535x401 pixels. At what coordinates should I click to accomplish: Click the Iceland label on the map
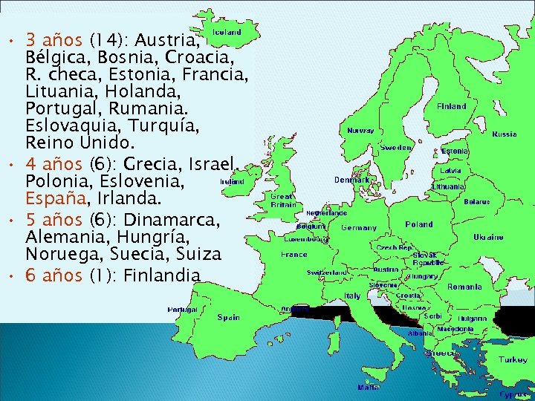point(227,32)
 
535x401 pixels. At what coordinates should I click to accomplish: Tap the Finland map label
point(451,106)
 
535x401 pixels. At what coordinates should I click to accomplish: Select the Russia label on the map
point(505,134)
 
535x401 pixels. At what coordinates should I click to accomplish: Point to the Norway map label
point(360,130)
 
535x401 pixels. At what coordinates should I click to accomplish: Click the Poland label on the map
point(419,224)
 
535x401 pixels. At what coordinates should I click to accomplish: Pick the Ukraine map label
point(488,237)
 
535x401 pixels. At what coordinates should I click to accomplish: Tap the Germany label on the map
point(358,228)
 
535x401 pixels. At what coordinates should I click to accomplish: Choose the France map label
point(294,254)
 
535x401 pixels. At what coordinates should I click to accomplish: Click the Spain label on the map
point(228,317)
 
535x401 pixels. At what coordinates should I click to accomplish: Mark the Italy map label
point(352,296)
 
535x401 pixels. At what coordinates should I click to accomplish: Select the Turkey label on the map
point(513,359)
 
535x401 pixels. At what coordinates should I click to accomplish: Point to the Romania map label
point(464,287)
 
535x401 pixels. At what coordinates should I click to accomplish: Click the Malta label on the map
point(367,387)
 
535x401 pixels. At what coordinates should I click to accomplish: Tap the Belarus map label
point(476,201)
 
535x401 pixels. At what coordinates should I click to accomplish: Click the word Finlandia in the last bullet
point(162,276)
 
